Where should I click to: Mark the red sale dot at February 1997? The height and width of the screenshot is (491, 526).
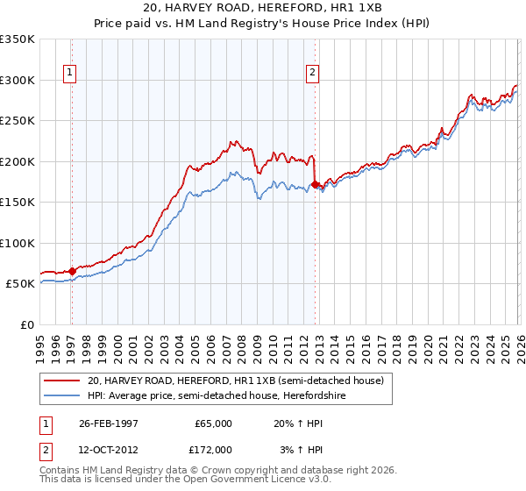click(72, 272)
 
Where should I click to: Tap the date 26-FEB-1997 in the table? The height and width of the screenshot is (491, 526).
click(109, 423)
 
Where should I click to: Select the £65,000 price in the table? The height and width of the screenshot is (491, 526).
click(213, 423)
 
